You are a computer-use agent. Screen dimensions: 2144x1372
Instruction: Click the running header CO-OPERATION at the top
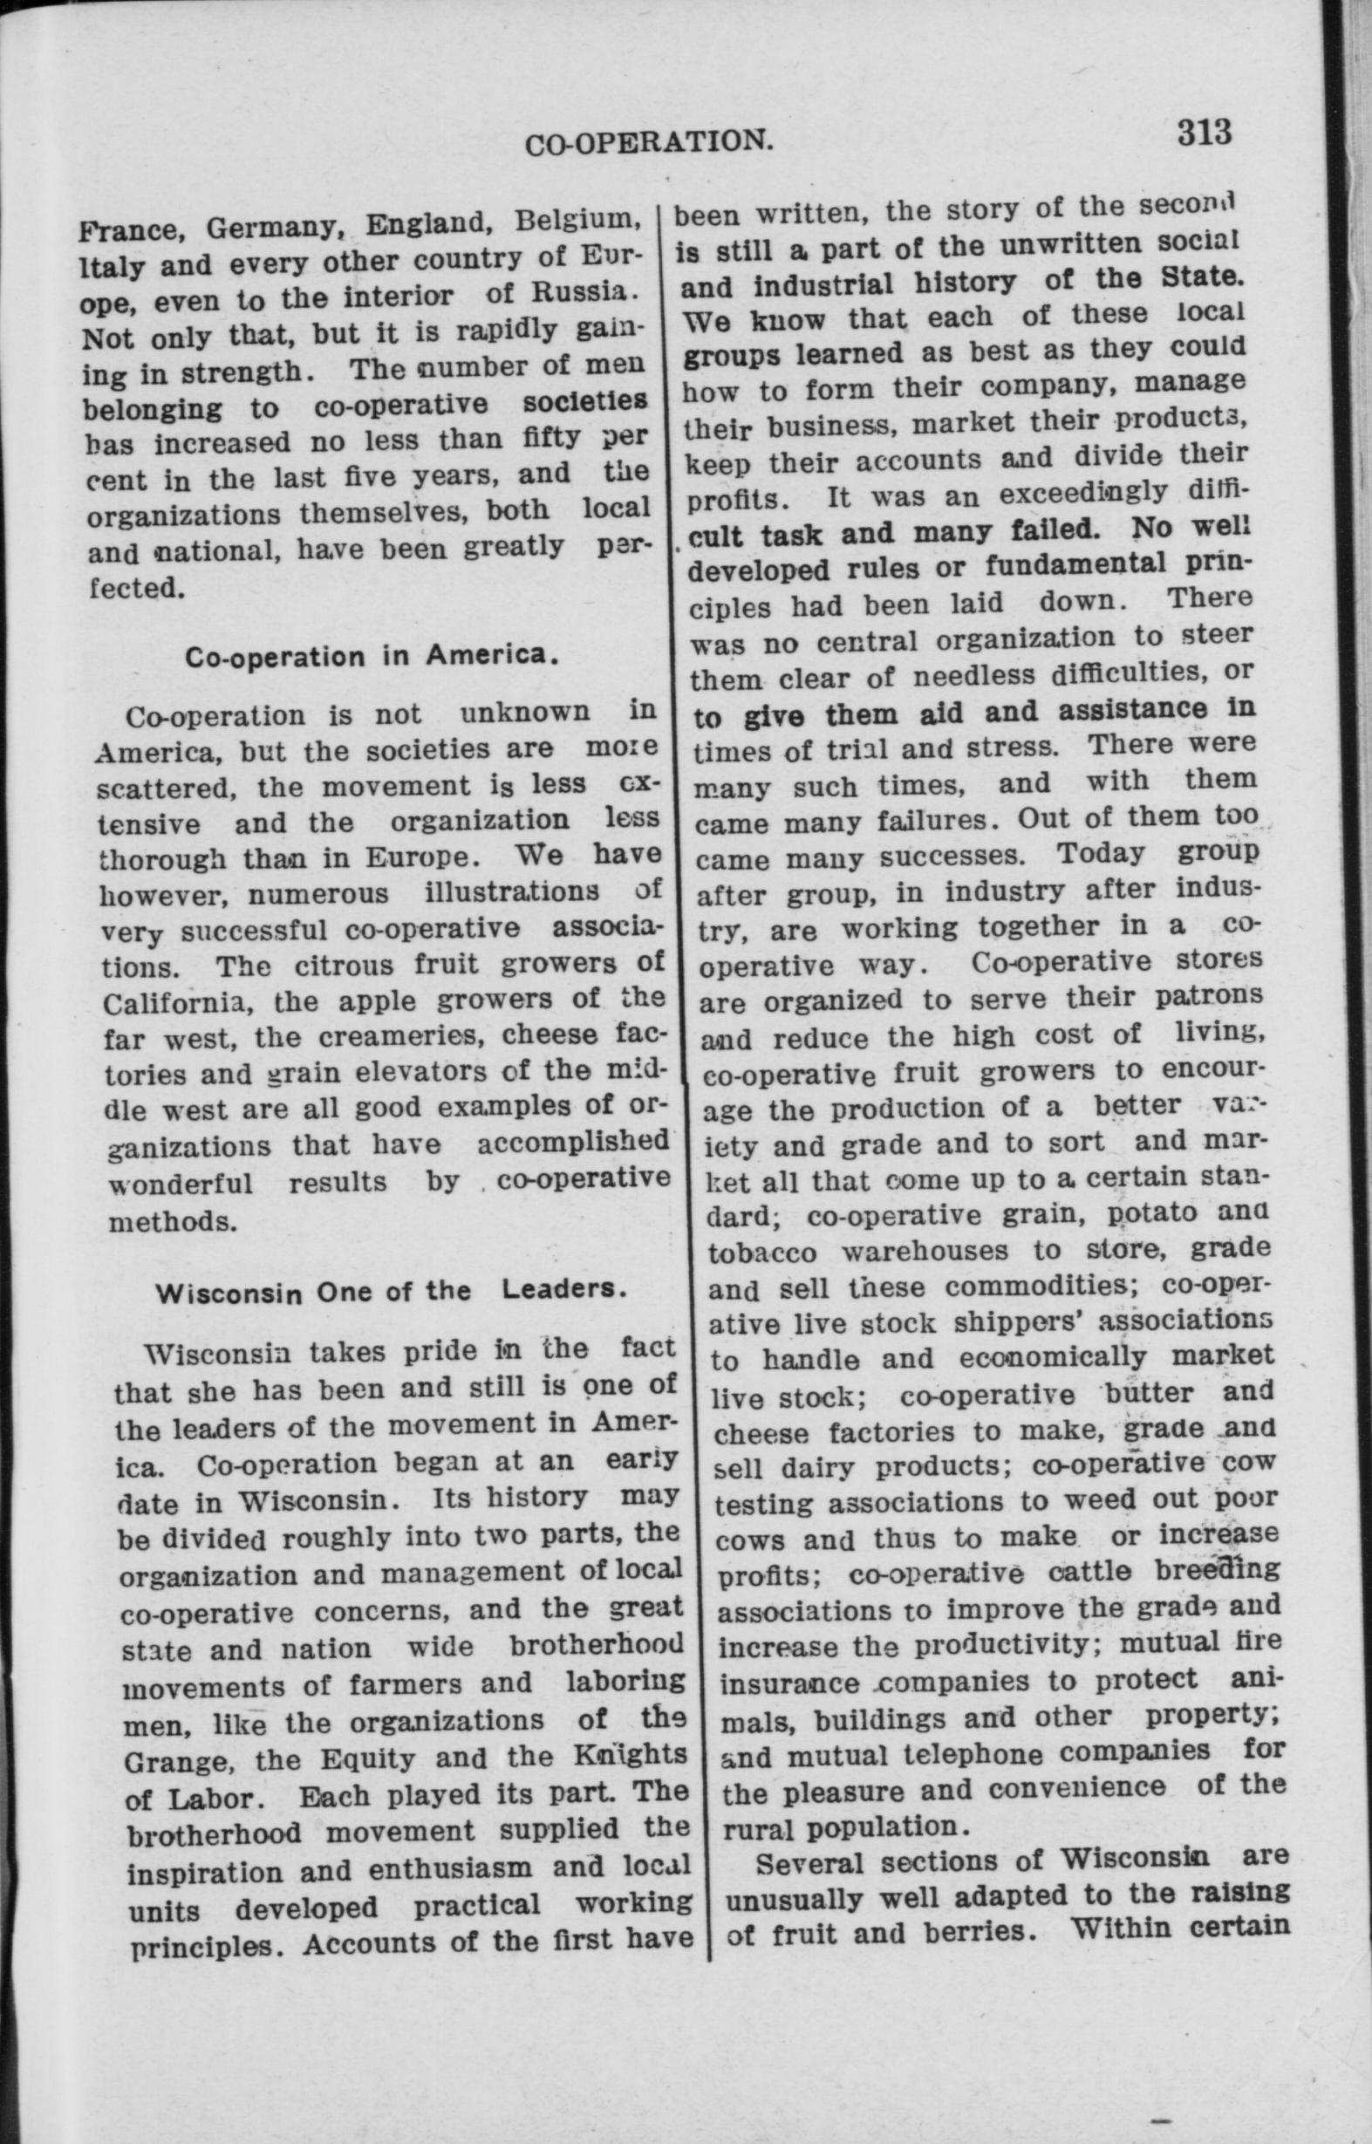[x=647, y=142]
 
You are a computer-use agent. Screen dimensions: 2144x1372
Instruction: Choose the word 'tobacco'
[x=761, y=1253]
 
